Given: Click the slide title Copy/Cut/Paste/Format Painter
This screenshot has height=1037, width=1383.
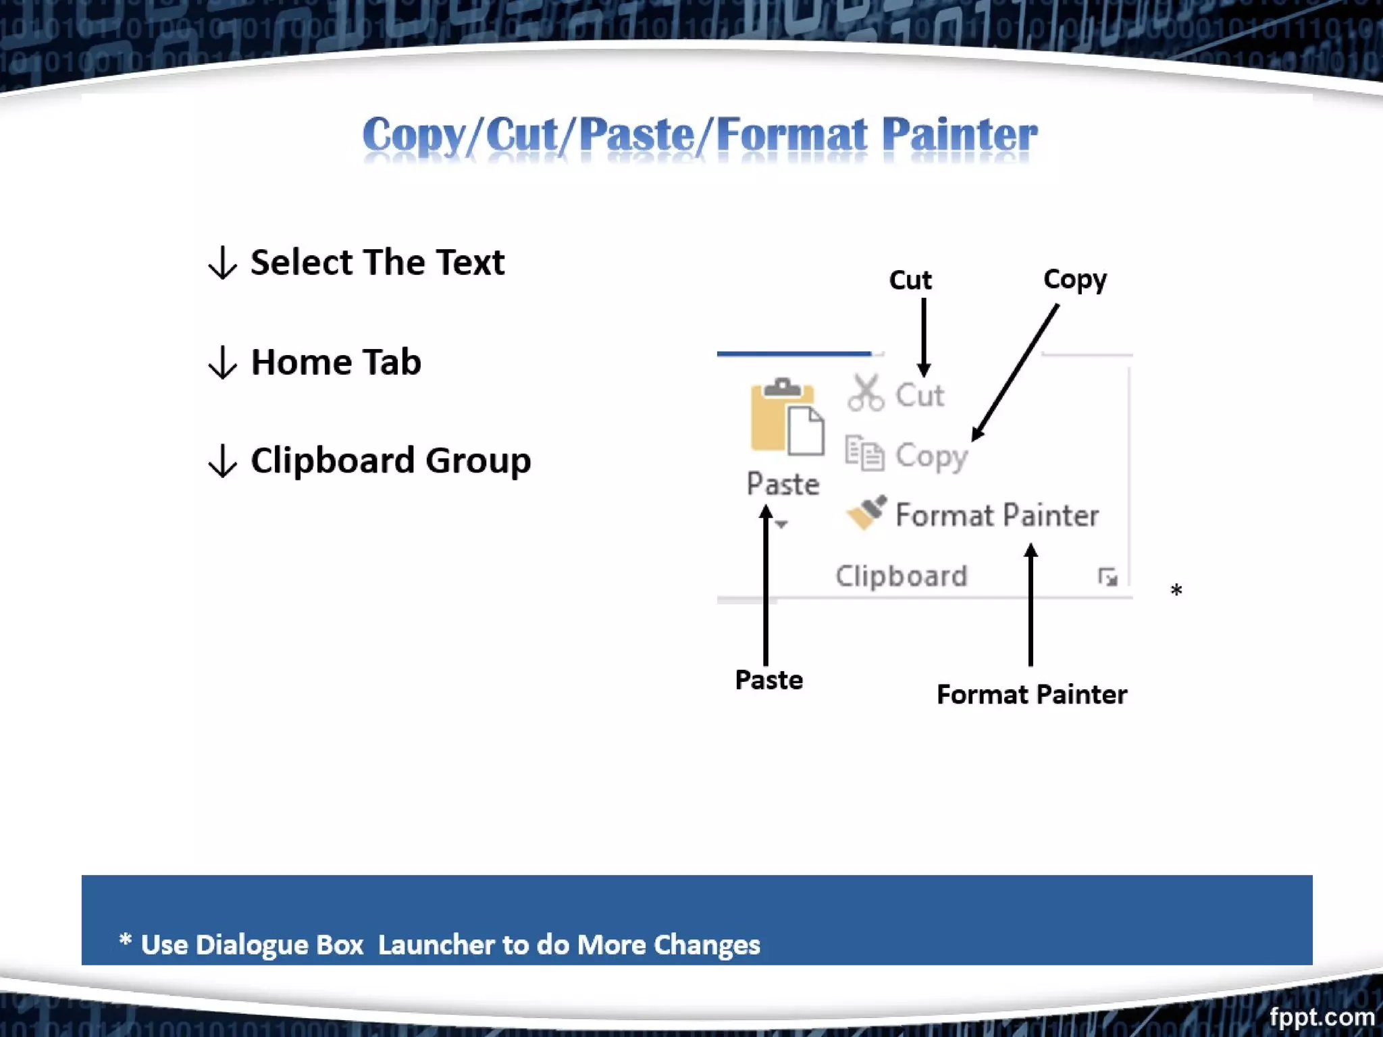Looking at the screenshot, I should click(x=700, y=134).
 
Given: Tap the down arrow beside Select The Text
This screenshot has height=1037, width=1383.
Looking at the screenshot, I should click(x=222, y=263).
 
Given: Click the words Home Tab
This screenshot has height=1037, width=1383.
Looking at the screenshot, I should click(x=336, y=362).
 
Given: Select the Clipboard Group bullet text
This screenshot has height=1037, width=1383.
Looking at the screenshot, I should click(x=390, y=461).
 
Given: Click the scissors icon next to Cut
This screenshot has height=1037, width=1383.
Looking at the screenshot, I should click(x=865, y=393).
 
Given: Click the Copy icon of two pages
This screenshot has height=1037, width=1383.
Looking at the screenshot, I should click(x=864, y=453).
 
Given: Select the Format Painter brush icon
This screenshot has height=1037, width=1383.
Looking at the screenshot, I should click(x=866, y=513).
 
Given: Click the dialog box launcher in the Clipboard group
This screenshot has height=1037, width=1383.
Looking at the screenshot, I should click(x=1107, y=577).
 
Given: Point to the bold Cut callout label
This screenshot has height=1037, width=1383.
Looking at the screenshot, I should click(x=910, y=280).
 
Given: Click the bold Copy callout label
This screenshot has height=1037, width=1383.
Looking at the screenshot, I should click(x=1074, y=280).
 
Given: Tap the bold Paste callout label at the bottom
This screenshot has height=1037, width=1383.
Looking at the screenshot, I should click(x=768, y=680).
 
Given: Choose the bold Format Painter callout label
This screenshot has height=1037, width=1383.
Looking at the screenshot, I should click(x=1031, y=695).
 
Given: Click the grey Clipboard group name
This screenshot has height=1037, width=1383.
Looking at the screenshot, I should click(x=901, y=577).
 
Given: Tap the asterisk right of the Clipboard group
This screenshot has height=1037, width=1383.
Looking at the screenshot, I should click(x=1176, y=591).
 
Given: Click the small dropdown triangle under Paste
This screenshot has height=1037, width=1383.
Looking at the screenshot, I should click(x=781, y=525).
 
